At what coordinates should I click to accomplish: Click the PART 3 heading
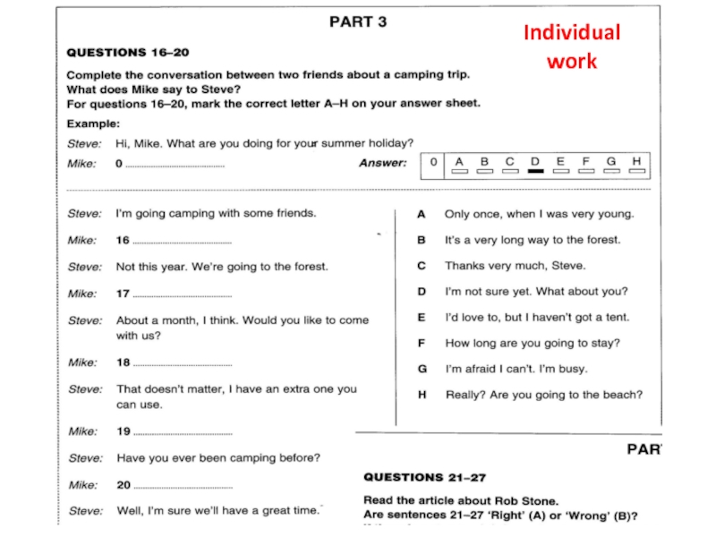[x=358, y=22]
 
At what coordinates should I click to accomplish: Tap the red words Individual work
[x=571, y=47]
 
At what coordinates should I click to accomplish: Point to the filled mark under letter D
[x=535, y=171]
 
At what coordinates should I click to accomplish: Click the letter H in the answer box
[x=636, y=161]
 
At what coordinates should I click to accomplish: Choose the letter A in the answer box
[x=460, y=161]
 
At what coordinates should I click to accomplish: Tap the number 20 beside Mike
[x=123, y=485]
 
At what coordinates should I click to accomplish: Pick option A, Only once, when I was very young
[x=539, y=214]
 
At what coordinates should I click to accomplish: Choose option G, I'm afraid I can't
[x=516, y=369]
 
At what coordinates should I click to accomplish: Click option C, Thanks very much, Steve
[x=515, y=266]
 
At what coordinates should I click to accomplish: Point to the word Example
[x=93, y=124]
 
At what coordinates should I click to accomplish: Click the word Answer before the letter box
[x=382, y=163]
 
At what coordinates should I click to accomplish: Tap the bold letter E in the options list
[x=422, y=317]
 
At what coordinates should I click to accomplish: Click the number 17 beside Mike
[x=123, y=294]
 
